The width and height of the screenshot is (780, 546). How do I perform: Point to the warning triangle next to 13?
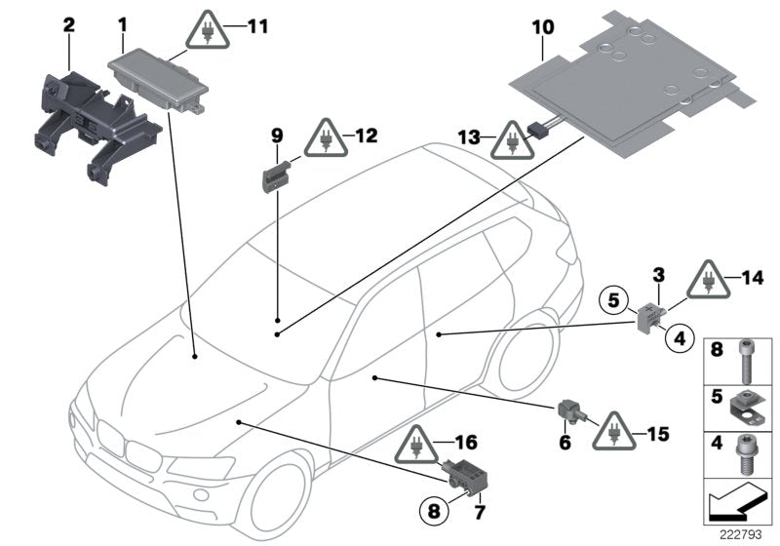pos(506,142)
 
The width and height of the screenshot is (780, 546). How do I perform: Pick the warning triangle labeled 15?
pos(614,427)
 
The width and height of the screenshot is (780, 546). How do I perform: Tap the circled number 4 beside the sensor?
pos(680,338)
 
